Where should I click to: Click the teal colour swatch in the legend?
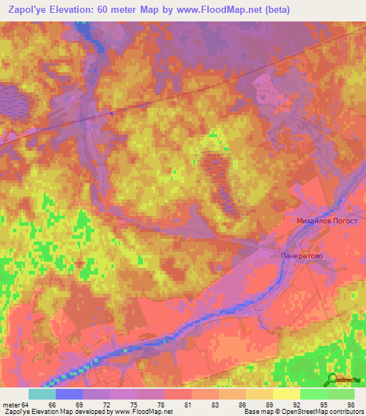[42, 394]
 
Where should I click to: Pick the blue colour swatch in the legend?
[69, 394]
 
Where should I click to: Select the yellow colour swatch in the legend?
[287, 394]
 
